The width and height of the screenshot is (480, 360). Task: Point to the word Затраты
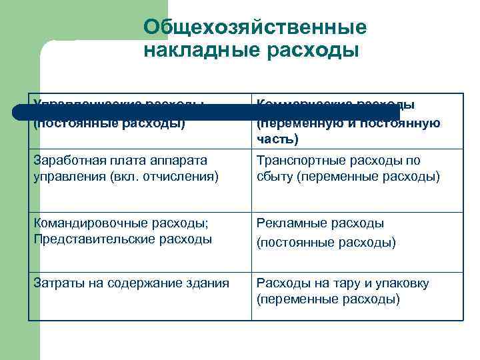(x=55, y=283)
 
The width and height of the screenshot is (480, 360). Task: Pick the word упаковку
(x=399, y=283)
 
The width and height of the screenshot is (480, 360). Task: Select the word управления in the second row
(x=63, y=176)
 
